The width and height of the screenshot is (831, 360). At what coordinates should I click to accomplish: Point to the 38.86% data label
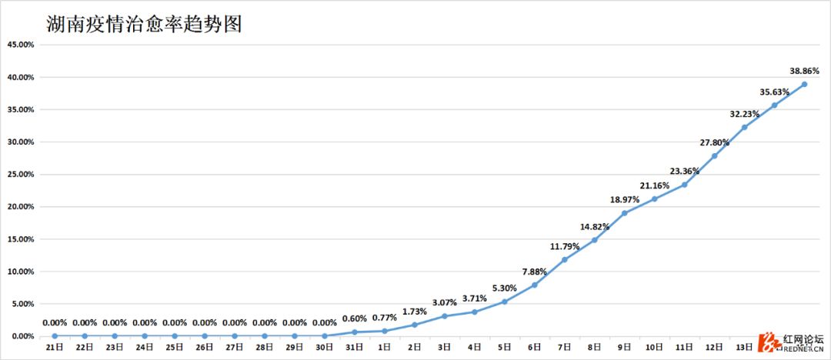click(805, 70)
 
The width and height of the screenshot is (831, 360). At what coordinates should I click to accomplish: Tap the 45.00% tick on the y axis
click(20, 45)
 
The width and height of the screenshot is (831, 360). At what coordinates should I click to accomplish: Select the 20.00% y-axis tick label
click(20, 207)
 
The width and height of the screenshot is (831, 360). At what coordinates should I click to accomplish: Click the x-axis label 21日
click(55, 348)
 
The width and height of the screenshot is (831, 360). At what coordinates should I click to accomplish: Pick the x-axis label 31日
click(355, 348)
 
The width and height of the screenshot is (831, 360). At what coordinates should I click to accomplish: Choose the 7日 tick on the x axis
click(565, 348)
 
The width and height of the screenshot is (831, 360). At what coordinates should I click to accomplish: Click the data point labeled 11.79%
click(565, 259)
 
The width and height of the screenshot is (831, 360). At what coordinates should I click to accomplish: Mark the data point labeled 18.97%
click(625, 213)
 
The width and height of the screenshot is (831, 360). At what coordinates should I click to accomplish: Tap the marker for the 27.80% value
click(715, 155)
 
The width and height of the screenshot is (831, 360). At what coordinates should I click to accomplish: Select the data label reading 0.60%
click(355, 318)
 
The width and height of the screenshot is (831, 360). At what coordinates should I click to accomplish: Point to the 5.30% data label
click(505, 288)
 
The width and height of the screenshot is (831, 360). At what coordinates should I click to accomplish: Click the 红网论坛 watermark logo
click(793, 342)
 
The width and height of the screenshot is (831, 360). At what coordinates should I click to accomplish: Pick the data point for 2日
click(415, 325)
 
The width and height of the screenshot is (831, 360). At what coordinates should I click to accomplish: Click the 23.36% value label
click(685, 171)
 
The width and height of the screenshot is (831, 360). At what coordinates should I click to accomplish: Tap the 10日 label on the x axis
click(655, 348)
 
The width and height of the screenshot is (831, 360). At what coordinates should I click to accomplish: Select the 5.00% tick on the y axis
click(22, 304)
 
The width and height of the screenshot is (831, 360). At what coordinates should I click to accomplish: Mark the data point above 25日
click(175, 335)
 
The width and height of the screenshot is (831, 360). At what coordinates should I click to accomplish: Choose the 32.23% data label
click(745, 114)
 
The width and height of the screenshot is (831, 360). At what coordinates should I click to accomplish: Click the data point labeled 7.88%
click(535, 285)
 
